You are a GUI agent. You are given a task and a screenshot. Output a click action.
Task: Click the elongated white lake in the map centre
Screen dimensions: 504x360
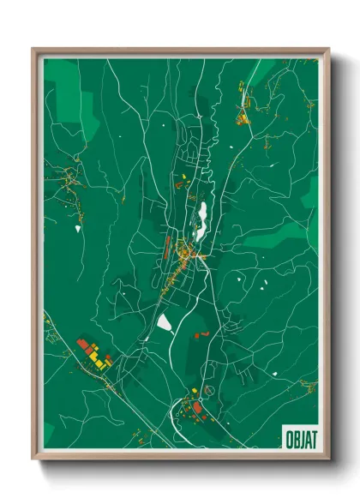203,219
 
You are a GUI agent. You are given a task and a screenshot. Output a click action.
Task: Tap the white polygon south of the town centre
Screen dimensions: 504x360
164,322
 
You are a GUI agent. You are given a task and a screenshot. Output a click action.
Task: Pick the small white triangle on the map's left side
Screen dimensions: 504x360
77,229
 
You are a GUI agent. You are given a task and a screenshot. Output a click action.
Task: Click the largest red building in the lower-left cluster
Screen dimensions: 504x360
83,344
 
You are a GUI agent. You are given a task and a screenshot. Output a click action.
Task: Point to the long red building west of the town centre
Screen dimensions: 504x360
168,248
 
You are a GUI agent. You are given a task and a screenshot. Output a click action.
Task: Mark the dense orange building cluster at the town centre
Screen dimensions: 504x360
185,254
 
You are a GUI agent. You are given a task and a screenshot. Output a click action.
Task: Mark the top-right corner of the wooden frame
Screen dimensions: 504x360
328,50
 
